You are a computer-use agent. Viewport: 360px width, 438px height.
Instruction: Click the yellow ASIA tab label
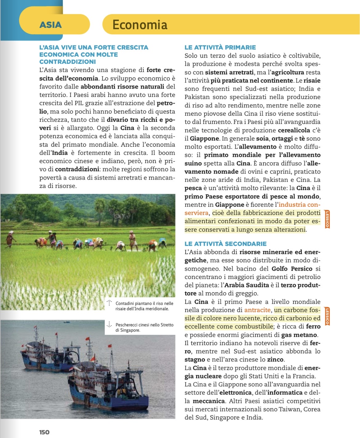[x=50, y=25]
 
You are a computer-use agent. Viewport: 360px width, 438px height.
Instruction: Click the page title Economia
[x=140, y=25]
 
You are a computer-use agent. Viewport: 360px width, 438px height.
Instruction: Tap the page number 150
[x=44, y=432]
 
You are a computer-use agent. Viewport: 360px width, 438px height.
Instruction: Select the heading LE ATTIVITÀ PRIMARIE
[x=220, y=47]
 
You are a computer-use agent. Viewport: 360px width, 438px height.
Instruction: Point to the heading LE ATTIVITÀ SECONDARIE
[x=225, y=244]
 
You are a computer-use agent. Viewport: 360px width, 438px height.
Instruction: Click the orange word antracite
[x=257, y=310]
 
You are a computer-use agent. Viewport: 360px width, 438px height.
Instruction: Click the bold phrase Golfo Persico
[x=292, y=269]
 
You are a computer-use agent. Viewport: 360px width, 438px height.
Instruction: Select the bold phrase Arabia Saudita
[x=246, y=285]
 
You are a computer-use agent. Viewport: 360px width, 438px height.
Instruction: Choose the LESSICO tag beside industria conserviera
[x=327, y=219]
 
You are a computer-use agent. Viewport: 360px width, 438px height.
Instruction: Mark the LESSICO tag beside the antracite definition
[x=327, y=316]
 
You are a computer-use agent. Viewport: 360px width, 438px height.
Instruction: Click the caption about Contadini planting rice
[x=144, y=306]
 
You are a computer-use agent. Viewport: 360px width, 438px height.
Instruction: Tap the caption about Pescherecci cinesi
[x=144, y=327]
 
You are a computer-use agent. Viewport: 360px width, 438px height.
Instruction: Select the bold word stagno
[x=194, y=360]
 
